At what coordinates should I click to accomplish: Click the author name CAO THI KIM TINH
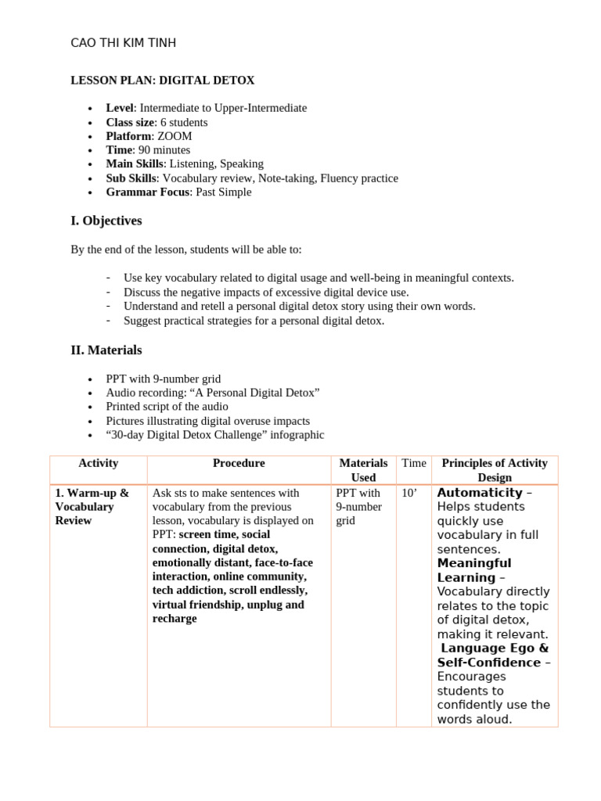[x=123, y=43]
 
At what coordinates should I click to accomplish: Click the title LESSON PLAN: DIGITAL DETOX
[x=163, y=81]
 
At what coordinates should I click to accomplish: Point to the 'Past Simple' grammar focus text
[x=223, y=192]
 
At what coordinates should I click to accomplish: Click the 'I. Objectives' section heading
[x=106, y=221]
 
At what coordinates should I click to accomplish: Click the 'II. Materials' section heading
[x=106, y=350]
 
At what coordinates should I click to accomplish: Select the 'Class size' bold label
[x=130, y=122]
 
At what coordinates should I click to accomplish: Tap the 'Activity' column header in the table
[x=99, y=463]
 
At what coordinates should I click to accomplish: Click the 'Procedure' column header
[x=239, y=463]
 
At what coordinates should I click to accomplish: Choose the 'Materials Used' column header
[x=363, y=470]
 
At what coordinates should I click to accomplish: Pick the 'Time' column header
[x=414, y=463]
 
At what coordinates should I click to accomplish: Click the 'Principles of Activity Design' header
[x=495, y=470]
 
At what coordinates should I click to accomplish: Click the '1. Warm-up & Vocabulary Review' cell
[x=92, y=507]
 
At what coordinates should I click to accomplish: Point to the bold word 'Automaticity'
[x=479, y=493]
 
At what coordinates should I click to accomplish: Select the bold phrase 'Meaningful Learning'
[x=473, y=570]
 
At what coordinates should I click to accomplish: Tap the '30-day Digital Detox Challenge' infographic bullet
[x=214, y=435]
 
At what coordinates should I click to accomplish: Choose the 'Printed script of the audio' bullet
[x=167, y=407]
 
